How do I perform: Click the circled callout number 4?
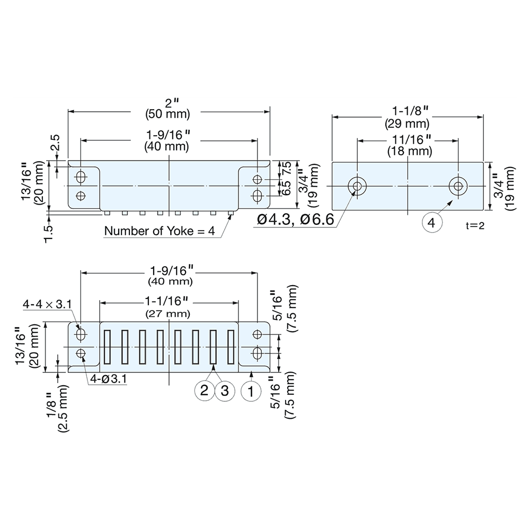pyautogui.click(x=431, y=224)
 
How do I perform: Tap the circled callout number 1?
pyautogui.click(x=251, y=391)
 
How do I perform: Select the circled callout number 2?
pyautogui.click(x=203, y=391)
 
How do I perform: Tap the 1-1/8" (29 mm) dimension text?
pyautogui.click(x=407, y=118)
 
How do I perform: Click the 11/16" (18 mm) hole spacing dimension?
pyautogui.click(x=407, y=146)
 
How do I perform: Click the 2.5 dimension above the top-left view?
pyautogui.click(x=54, y=144)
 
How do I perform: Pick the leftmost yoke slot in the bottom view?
pyautogui.click(x=107, y=347)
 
